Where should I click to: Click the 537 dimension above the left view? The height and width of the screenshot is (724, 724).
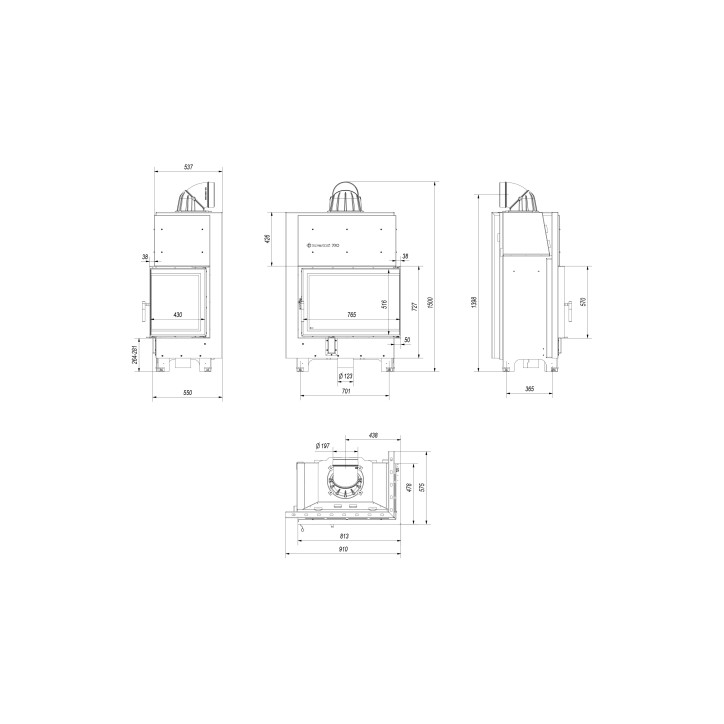click(x=188, y=167)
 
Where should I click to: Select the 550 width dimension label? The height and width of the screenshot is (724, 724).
click(x=187, y=392)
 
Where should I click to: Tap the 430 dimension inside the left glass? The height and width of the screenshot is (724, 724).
click(x=178, y=315)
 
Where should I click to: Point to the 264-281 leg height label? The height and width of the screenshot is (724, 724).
click(x=134, y=353)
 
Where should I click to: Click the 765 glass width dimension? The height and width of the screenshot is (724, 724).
click(x=351, y=315)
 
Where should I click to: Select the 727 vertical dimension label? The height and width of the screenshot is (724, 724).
click(x=414, y=308)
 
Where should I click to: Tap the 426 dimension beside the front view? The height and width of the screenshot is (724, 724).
click(x=268, y=239)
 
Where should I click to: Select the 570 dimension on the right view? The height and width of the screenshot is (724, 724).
click(x=583, y=303)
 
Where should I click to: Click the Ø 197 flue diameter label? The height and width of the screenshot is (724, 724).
click(x=323, y=445)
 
